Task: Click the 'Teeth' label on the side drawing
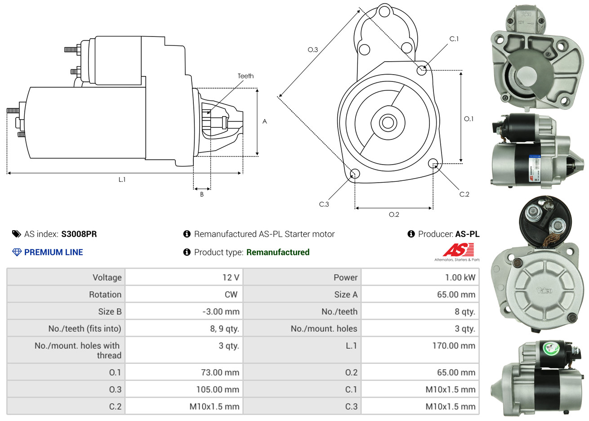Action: [x=245, y=76]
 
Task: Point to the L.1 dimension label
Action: [x=122, y=179]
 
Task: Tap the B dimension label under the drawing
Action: [x=202, y=194]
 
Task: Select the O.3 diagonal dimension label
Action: [x=312, y=50]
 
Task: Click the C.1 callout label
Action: [x=454, y=39]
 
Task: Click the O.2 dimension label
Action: [x=394, y=215]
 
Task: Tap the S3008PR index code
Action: [x=79, y=234]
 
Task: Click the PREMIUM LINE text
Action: [x=54, y=252]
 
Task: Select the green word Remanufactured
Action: [x=278, y=252]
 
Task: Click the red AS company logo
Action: [x=458, y=250]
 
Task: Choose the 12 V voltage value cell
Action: [x=231, y=278]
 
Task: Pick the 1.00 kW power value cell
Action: [x=460, y=278]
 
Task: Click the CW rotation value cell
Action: [x=231, y=295]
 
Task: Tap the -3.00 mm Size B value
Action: [x=221, y=312]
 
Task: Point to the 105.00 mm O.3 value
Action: [x=218, y=390]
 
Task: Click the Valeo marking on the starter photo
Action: [x=544, y=291]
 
